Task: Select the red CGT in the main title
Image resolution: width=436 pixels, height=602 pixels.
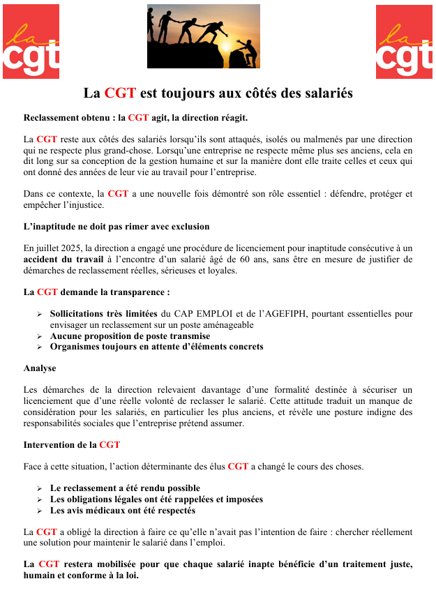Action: point(119,93)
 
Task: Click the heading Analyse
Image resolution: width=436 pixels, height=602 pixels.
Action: point(40,368)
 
